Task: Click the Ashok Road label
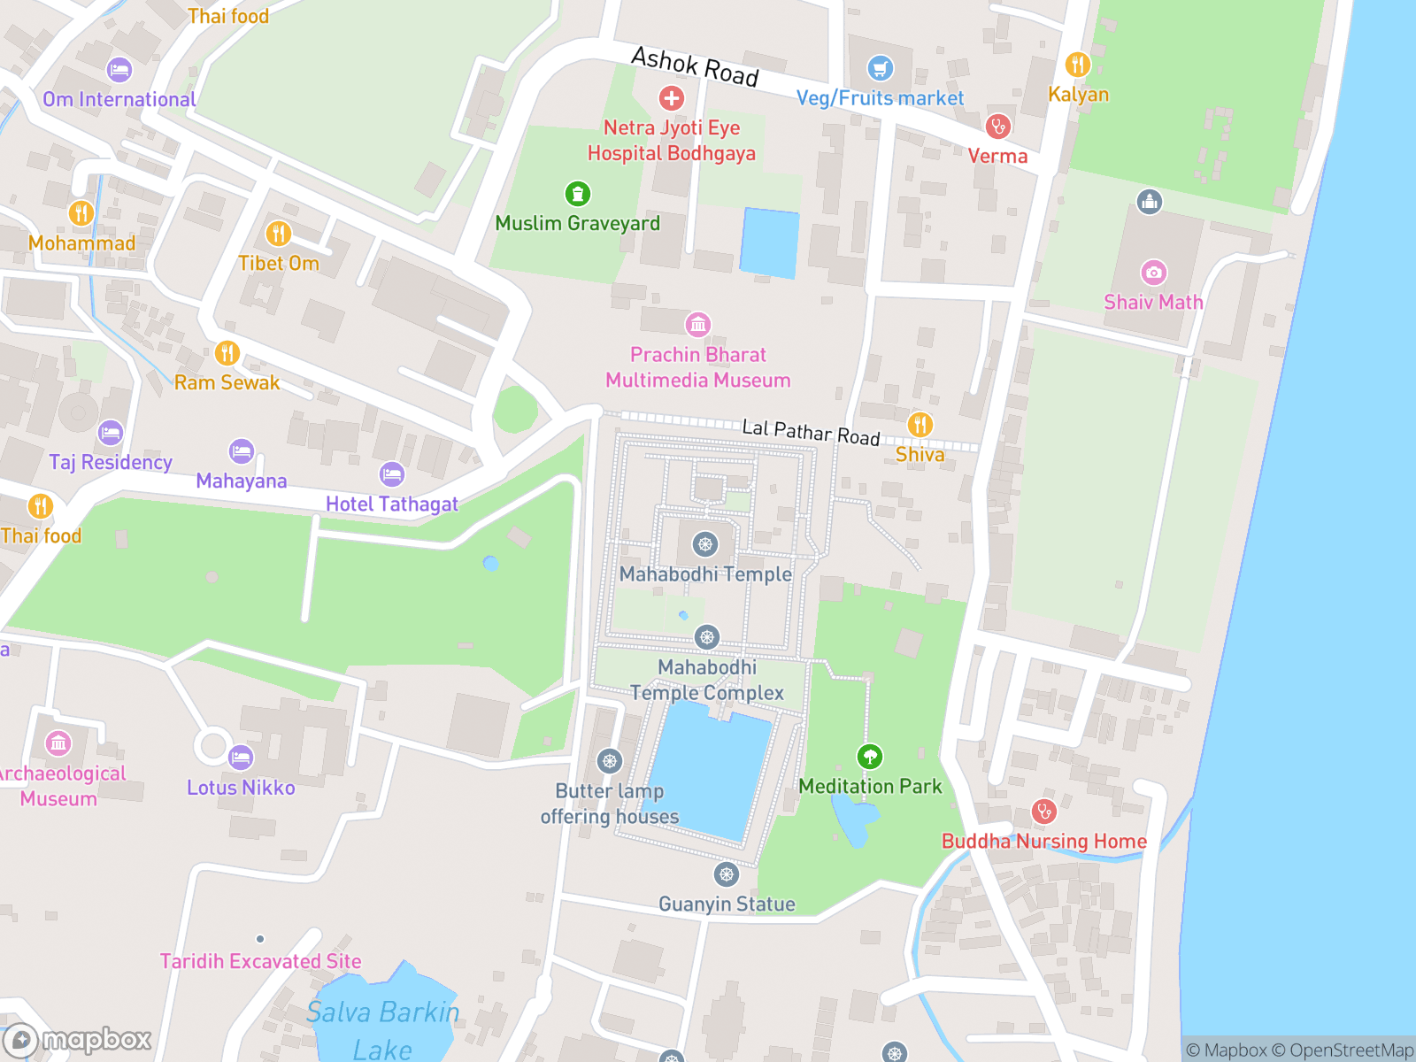(x=695, y=67)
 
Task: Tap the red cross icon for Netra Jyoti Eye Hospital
(x=671, y=97)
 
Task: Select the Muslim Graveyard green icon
(x=577, y=193)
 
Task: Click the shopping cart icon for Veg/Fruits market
(x=880, y=68)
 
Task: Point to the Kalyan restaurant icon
(x=1077, y=65)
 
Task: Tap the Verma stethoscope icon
(x=997, y=127)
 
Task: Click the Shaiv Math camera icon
(x=1153, y=273)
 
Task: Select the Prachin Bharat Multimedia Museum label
(x=698, y=367)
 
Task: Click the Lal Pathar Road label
(x=811, y=433)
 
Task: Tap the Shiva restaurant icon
(x=920, y=425)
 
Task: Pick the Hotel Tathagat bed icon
(x=392, y=474)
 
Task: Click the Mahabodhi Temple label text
(x=705, y=574)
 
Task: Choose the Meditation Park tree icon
(x=870, y=757)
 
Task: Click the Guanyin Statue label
(x=727, y=904)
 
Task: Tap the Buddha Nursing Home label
(x=1044, y=841)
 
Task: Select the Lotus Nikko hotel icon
(x=241, y=758)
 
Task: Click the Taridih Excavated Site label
(x=260, y=961)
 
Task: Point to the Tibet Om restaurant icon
(x=279, y=234)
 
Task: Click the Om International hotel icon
(x=119, y=70)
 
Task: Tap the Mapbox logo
(x=78, y=1039)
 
